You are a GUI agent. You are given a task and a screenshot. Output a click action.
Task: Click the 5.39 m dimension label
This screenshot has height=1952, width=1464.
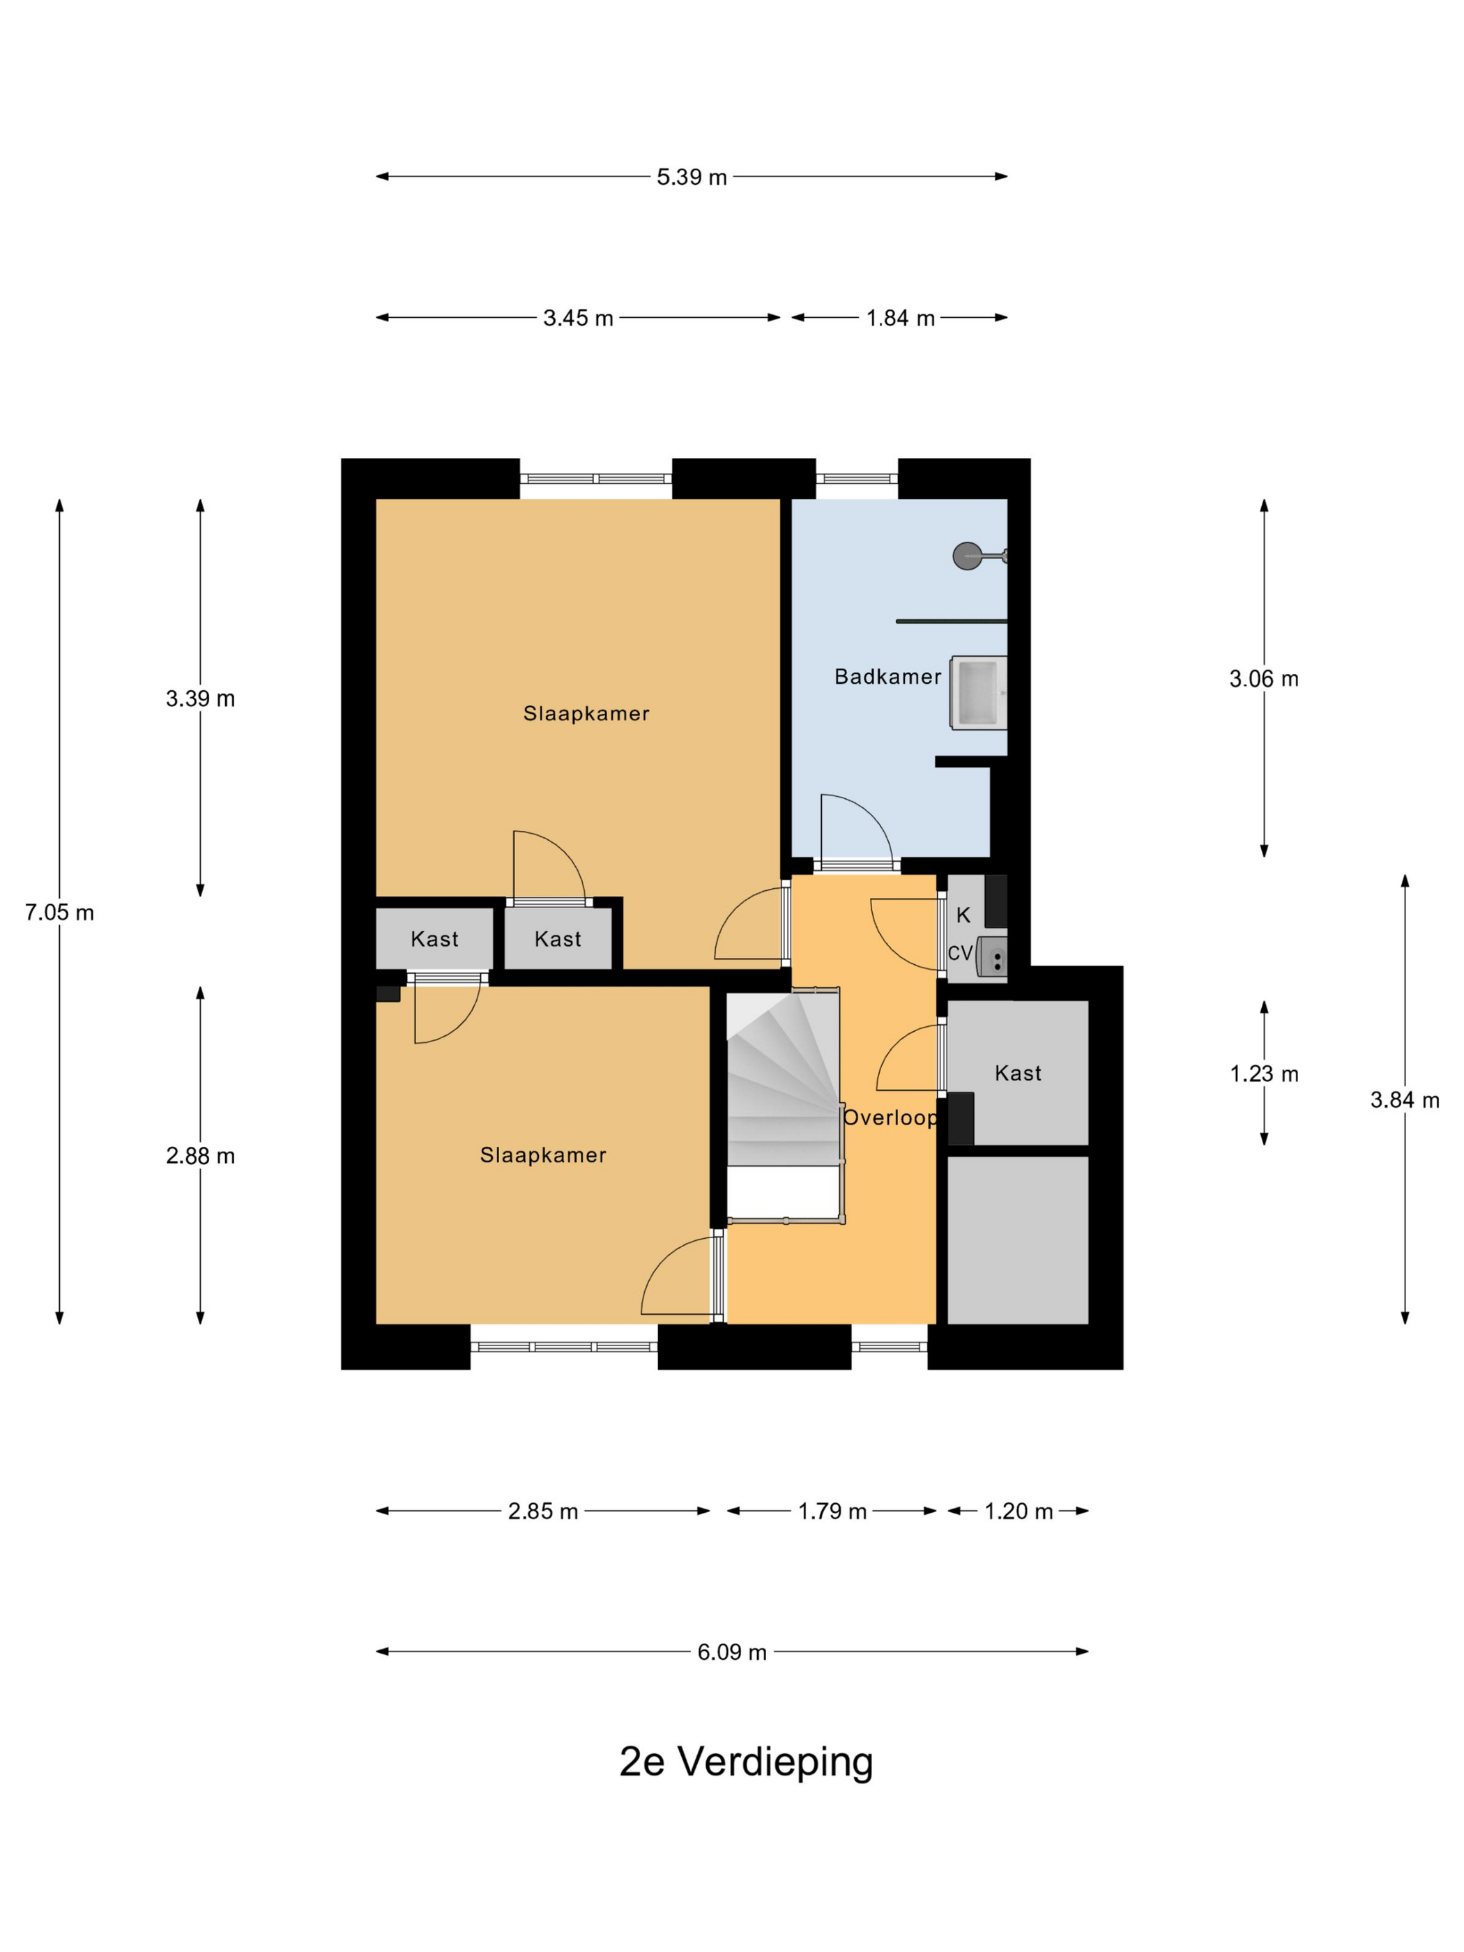click(691, 176)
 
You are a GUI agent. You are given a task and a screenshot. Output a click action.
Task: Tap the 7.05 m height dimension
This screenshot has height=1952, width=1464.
click(59, 913)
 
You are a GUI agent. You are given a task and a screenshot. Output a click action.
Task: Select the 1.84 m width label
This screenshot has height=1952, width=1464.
click(900, 318)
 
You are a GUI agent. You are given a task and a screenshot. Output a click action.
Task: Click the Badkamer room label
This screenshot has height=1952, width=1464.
click(887, 677)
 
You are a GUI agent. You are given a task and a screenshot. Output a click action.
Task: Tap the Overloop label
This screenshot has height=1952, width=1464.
click(890, 1118)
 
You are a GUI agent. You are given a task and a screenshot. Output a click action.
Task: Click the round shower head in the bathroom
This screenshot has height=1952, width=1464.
click(967, 556)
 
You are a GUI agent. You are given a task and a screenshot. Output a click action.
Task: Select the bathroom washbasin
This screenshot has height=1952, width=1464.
click(979, 693)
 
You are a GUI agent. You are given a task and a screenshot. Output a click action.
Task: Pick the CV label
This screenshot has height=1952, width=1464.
click(960, 953)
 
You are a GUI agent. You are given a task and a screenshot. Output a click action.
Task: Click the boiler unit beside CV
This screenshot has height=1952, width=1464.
click(992, 957)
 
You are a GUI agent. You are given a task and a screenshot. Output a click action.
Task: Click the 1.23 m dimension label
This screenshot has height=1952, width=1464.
click(1264, 1074)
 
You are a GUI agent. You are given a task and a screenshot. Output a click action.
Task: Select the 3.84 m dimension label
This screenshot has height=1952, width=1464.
click(1404, 1100)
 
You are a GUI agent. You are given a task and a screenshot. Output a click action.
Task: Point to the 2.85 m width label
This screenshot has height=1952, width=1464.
click(542, 1511)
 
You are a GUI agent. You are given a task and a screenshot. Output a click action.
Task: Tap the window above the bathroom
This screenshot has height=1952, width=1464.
click(857, 479)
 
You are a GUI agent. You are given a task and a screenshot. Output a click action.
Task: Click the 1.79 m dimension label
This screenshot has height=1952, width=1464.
click(832, 1511)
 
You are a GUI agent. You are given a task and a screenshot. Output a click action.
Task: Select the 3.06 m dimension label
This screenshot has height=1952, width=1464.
click(1264, 678)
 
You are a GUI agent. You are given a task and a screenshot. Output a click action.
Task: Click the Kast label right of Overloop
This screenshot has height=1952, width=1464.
click(1017, 1073)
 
